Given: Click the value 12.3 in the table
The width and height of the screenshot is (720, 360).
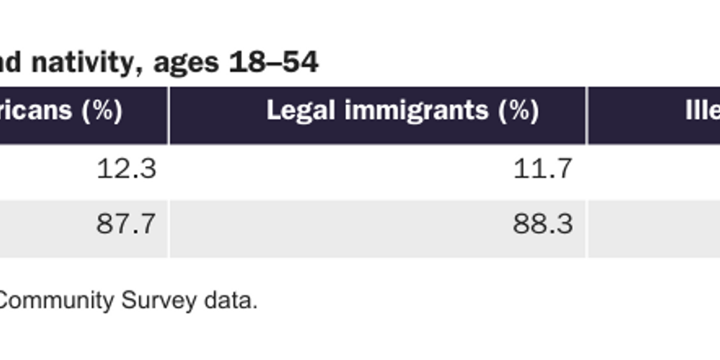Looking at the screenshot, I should coord(126,169).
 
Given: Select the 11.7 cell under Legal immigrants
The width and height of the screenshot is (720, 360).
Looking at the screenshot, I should coord(543,169).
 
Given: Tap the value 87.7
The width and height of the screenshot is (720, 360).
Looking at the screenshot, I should coord(126,224).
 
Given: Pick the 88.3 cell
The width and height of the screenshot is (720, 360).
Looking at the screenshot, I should coord(543,224).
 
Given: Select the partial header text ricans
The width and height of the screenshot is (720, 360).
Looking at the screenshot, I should coord(35,110).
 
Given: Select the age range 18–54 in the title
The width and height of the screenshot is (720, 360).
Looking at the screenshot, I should coord(274,63).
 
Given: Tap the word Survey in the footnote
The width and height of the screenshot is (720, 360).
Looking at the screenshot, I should coord(159,301).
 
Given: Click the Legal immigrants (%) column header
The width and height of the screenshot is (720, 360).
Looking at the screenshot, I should coord(403,110).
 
